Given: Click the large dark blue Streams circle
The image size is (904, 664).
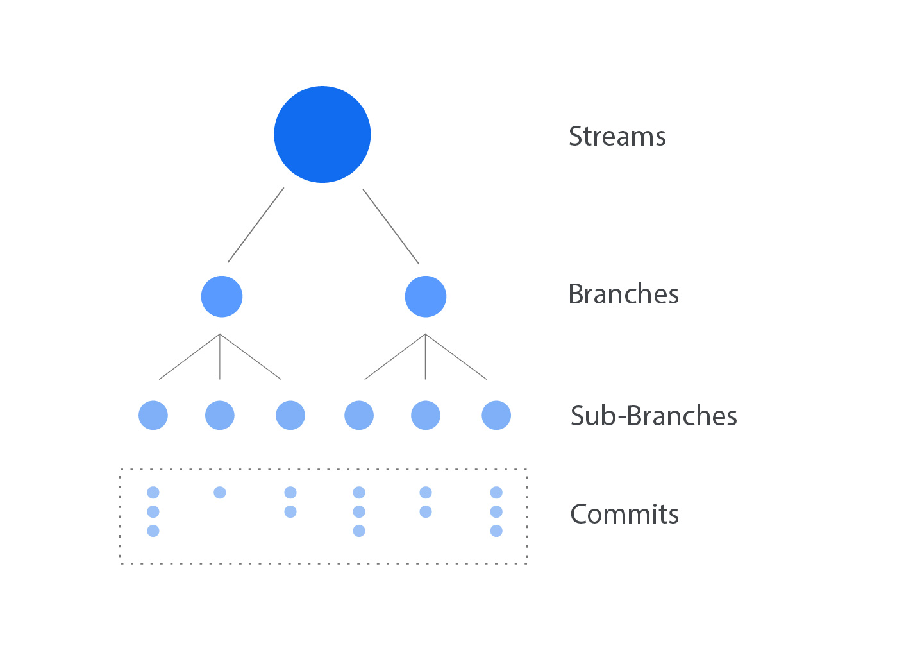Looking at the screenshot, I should pos(322,135).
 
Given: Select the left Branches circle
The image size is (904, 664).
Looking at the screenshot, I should pos(222,296).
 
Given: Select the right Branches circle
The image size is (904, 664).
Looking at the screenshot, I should pos(426,296).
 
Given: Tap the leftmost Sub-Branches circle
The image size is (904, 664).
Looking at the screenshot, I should pos(153,415).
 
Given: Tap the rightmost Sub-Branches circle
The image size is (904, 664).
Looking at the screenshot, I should pos(496,415).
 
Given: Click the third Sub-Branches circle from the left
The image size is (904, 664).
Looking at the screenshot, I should pos(290,415).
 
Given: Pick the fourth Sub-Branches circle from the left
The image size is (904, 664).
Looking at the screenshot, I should pos(359,415).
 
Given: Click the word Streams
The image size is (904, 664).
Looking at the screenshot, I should pos(617,137).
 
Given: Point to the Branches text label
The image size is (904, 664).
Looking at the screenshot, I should pos(623,294).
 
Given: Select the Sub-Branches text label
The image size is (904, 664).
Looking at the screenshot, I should pos(653,416).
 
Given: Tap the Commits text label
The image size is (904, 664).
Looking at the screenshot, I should pos(624,515).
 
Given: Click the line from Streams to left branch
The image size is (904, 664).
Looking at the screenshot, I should pos(256,225).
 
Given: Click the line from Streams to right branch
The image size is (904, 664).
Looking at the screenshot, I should pos(391,226).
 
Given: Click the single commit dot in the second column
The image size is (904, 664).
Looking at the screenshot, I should pos(220,493).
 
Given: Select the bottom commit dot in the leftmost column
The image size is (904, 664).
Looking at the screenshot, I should pos(153,531).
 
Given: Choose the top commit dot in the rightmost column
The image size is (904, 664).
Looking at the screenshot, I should pos(496,493).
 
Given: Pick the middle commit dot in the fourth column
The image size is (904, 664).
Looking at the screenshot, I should pos(359,511).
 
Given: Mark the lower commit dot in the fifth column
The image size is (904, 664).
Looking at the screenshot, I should pos(426,511).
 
